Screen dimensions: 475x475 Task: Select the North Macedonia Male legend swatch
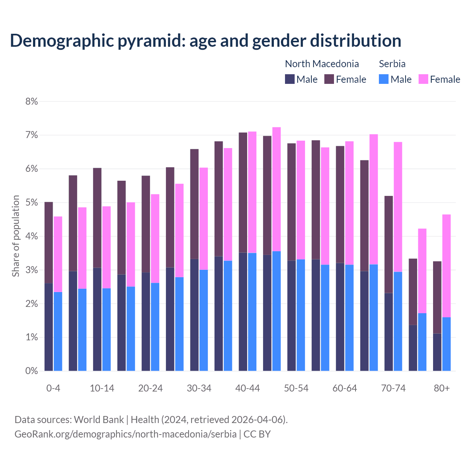tap(290, 79)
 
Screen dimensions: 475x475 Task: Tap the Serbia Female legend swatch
tap(423, 79)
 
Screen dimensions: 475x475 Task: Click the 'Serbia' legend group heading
tap(392, 64)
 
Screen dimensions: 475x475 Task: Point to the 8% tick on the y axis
tap(32, 101)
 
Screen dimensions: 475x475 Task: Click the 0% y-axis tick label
tap(32, 371)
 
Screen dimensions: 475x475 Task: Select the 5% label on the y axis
tap(32, 203)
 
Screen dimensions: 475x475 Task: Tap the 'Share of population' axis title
tap(16, 236)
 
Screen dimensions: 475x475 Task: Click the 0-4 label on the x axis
tap(53, 388)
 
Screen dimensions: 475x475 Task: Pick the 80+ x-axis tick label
tap(442, 388)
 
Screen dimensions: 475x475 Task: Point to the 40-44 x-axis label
tap(248, 388)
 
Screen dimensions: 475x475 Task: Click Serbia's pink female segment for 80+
tap(446, 266)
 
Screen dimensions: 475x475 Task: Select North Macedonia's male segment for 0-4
tap(49, 327)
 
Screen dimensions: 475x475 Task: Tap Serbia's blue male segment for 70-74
tap(398, 321)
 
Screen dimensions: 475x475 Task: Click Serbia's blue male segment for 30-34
tap(204, 320)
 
